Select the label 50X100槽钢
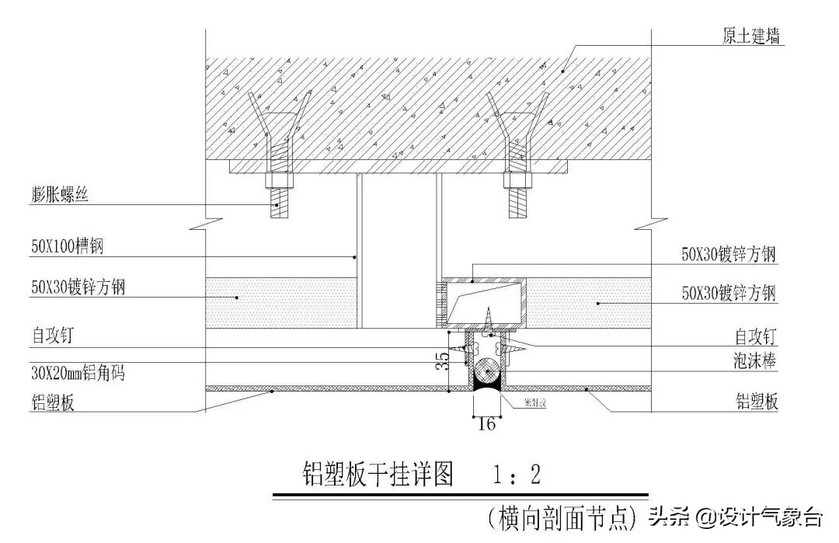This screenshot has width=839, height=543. tap(67, 248)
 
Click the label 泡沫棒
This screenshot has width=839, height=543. tap(757, 361)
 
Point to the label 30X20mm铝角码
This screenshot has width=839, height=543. tap(78, 374)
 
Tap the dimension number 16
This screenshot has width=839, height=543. tap(486, 423)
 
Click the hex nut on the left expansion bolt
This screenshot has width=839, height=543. tap(279, 182)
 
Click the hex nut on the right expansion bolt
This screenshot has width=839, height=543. tap(519, 182)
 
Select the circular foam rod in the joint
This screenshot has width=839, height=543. tap(488, 371)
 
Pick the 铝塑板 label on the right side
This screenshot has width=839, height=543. tap(757, 402)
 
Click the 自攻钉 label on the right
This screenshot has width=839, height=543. tap(757, 337)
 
